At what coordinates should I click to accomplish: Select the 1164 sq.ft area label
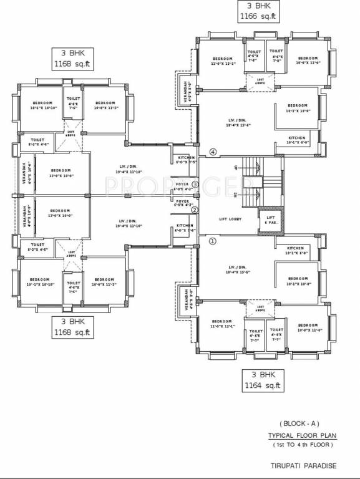pos(263,386)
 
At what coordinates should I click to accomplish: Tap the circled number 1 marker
pos(212,241)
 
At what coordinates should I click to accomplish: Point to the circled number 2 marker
pos(194,210)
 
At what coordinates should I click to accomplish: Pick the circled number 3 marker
pos(195,185)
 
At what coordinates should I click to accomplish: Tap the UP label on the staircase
pos(236,167)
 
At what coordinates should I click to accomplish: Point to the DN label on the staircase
pos(236,196)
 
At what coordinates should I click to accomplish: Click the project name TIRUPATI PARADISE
pos(303,465)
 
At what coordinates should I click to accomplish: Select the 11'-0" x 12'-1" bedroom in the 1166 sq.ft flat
pos(222,61)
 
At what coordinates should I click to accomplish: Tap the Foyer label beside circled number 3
pos(182,186)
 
